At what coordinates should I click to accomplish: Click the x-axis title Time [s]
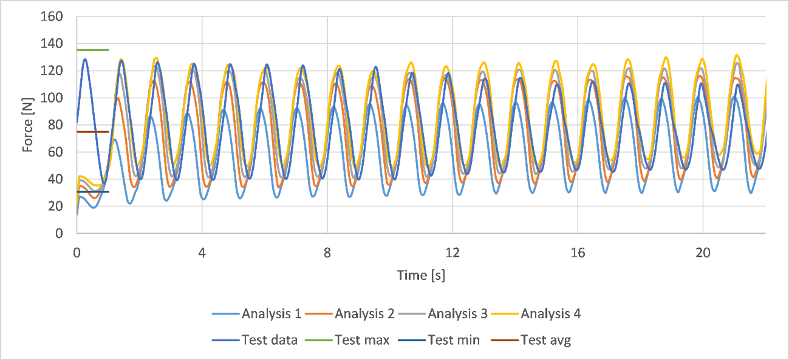tap(421, 275)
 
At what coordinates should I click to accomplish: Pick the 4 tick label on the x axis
tap(202, 250)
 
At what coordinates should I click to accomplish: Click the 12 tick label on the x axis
tap(453, 250)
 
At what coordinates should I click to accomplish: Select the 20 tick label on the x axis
tap(703, 250)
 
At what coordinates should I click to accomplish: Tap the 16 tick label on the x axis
tap(578, 250)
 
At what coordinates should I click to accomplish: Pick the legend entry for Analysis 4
tap(550, 314)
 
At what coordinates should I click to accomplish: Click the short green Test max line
tap(92, 50)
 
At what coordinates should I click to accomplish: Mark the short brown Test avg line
tap(92, 132)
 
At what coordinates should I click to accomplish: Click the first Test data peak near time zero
tap(85, 59)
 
